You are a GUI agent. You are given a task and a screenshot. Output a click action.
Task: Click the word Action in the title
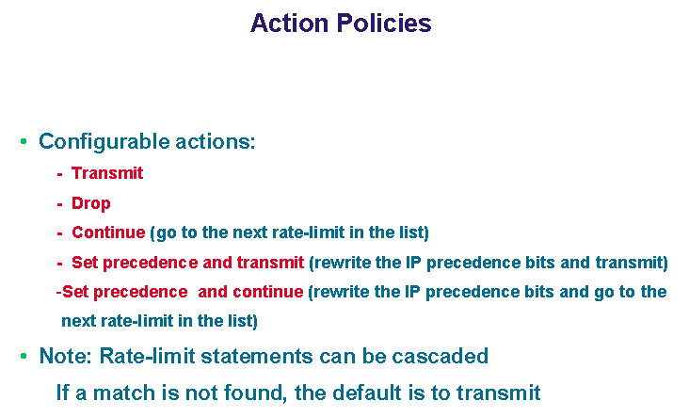click(290, 24)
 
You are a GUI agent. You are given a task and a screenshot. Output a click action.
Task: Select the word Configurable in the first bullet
click(104, 142)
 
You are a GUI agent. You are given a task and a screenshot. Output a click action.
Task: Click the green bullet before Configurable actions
click(24, 141)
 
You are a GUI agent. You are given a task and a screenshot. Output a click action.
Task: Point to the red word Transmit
click(107, 173)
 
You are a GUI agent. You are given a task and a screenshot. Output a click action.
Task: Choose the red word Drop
click(91, 203)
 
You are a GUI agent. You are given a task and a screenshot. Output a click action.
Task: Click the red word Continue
click(108, 233)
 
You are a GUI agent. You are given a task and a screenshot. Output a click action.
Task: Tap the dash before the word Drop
click(59, 204)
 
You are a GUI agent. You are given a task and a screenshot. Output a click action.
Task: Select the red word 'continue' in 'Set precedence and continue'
click(268, 292)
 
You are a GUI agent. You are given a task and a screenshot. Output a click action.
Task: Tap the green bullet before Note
click(24, 356)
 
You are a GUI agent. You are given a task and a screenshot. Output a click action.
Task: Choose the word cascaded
click(440, 356)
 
